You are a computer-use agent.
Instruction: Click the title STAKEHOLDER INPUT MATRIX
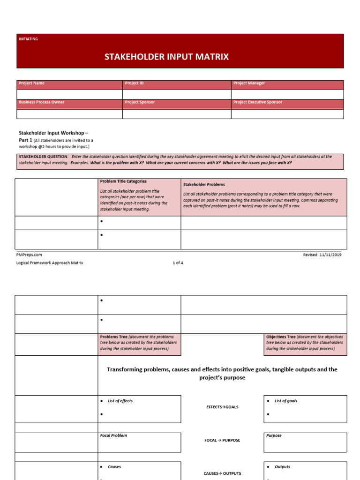[x=166, y=57]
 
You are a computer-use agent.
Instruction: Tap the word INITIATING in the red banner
[x=28, y=39]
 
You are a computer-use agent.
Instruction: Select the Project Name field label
[x=32, y=83]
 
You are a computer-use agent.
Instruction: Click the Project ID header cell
[x=135, y=83]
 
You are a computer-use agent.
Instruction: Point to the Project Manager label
[x=249, y=83]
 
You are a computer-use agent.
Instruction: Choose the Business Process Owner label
[x=42, y=102]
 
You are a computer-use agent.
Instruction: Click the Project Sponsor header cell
[x=140, y=102]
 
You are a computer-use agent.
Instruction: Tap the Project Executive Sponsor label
[x=258, y=102]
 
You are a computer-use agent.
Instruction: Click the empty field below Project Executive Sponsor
[x=287, y=113]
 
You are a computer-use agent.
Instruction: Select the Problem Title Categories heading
[x=123, y=181]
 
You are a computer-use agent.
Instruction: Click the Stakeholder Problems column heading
[x=204, y=185]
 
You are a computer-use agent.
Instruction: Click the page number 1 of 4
[x=178, y=263]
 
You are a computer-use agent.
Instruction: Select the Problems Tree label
[x=113, y=337]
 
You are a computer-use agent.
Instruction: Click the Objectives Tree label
[x=281, y=337]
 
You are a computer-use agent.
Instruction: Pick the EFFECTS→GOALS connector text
[x=222, y=407]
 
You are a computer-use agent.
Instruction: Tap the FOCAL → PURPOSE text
[x=222, y=441]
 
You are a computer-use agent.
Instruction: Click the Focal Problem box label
[x=113, y=436]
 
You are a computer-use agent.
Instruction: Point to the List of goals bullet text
[x=286, y=401]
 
